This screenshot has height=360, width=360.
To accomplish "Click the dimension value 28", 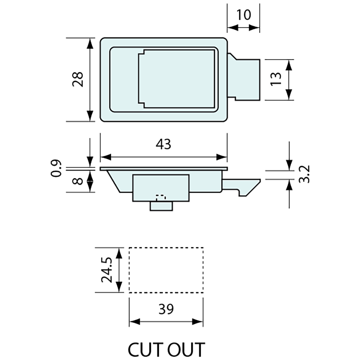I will pos(78,80).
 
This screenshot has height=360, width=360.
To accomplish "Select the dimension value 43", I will pos(164,144).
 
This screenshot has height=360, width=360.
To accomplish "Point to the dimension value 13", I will pos(276,79).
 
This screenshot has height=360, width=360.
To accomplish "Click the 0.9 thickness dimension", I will pos(56,168).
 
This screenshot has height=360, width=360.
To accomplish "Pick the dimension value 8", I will pos(78,181).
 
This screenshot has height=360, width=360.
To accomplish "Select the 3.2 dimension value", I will pos(304,174).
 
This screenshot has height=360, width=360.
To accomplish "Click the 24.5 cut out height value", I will pos(107,270).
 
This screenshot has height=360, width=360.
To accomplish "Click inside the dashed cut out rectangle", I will pos(166,270).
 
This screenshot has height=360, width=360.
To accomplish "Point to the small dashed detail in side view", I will pos(161,197).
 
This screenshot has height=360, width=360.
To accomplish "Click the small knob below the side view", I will pos(161,206).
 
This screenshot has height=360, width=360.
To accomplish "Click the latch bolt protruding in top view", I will pos(247,79).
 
